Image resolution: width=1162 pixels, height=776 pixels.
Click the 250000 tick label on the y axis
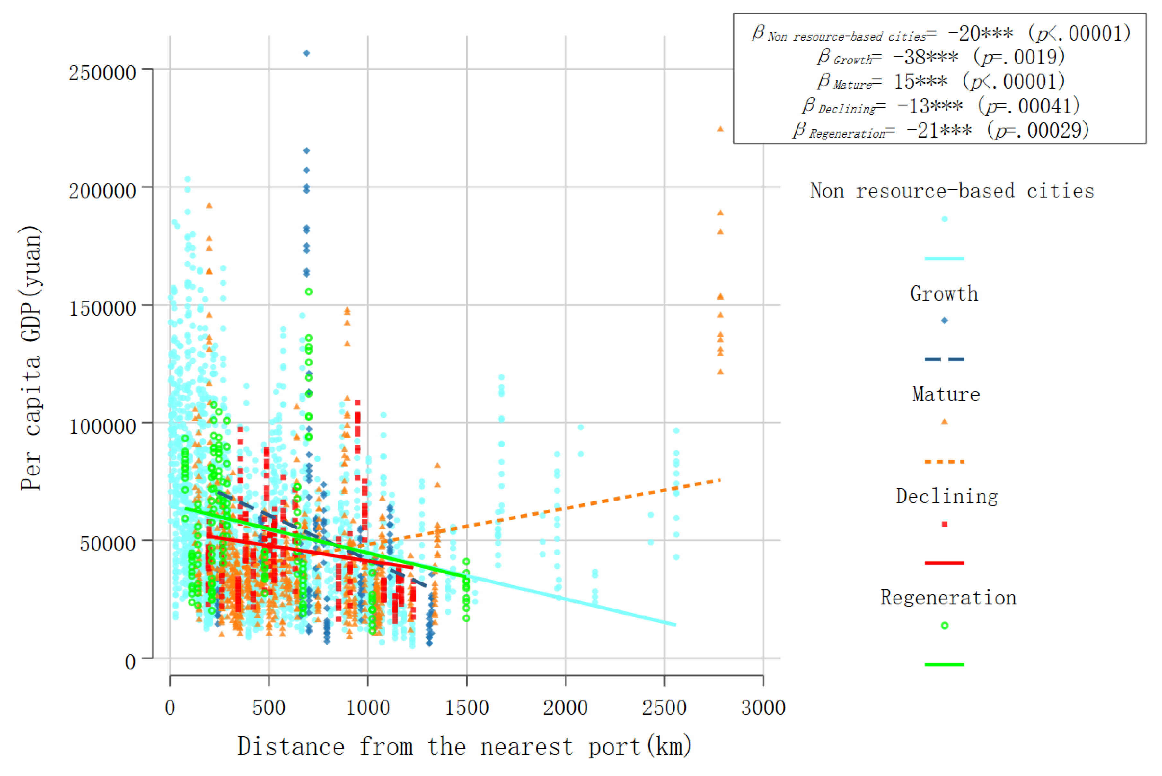(x=102, y=73)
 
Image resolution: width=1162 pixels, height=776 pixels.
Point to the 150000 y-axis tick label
(x=102, y=308)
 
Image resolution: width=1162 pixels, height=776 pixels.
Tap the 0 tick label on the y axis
(x=130, y=662)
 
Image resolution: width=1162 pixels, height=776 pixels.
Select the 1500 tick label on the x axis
(x=466, y=708)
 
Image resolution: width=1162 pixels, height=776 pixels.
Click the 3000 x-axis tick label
(x=763, y=708)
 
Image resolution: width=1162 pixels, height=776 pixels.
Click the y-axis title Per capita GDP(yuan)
(x=31, y=358)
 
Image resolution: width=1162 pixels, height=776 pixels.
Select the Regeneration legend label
(x=948, y=598)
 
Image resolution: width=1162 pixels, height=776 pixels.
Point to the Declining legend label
(x=947, y=496)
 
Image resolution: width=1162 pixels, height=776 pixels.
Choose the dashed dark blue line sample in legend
(x=945, y=359)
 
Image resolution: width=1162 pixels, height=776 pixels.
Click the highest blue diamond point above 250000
(x=307, y=53)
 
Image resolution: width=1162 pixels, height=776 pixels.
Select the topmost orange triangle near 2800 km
(x=720, y=129)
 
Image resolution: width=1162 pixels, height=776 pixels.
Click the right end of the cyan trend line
(x=675, y=625)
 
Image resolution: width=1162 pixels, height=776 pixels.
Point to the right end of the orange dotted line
(x=720, y=480)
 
